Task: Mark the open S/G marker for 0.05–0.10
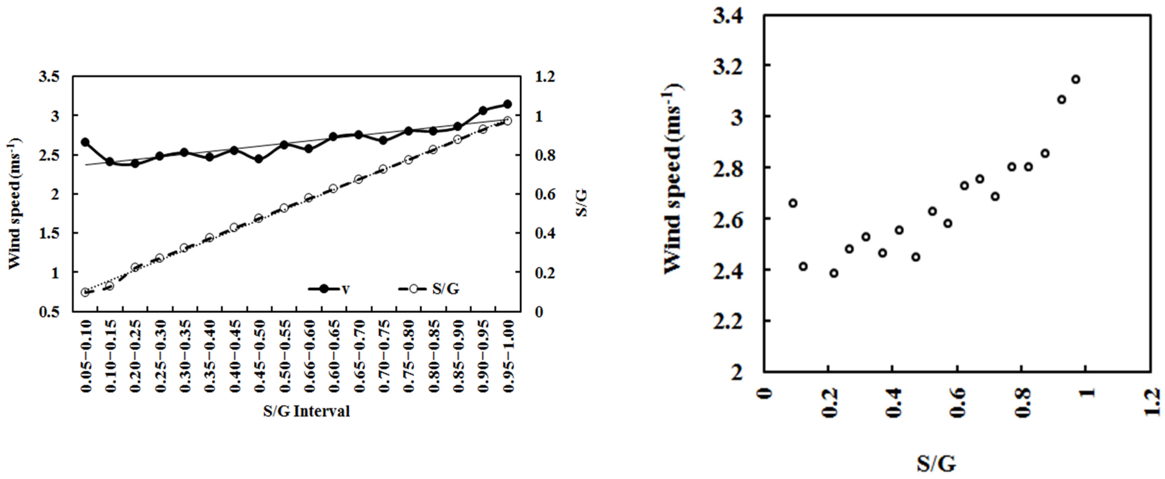[85, 292]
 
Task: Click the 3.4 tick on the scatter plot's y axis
[728, 16]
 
